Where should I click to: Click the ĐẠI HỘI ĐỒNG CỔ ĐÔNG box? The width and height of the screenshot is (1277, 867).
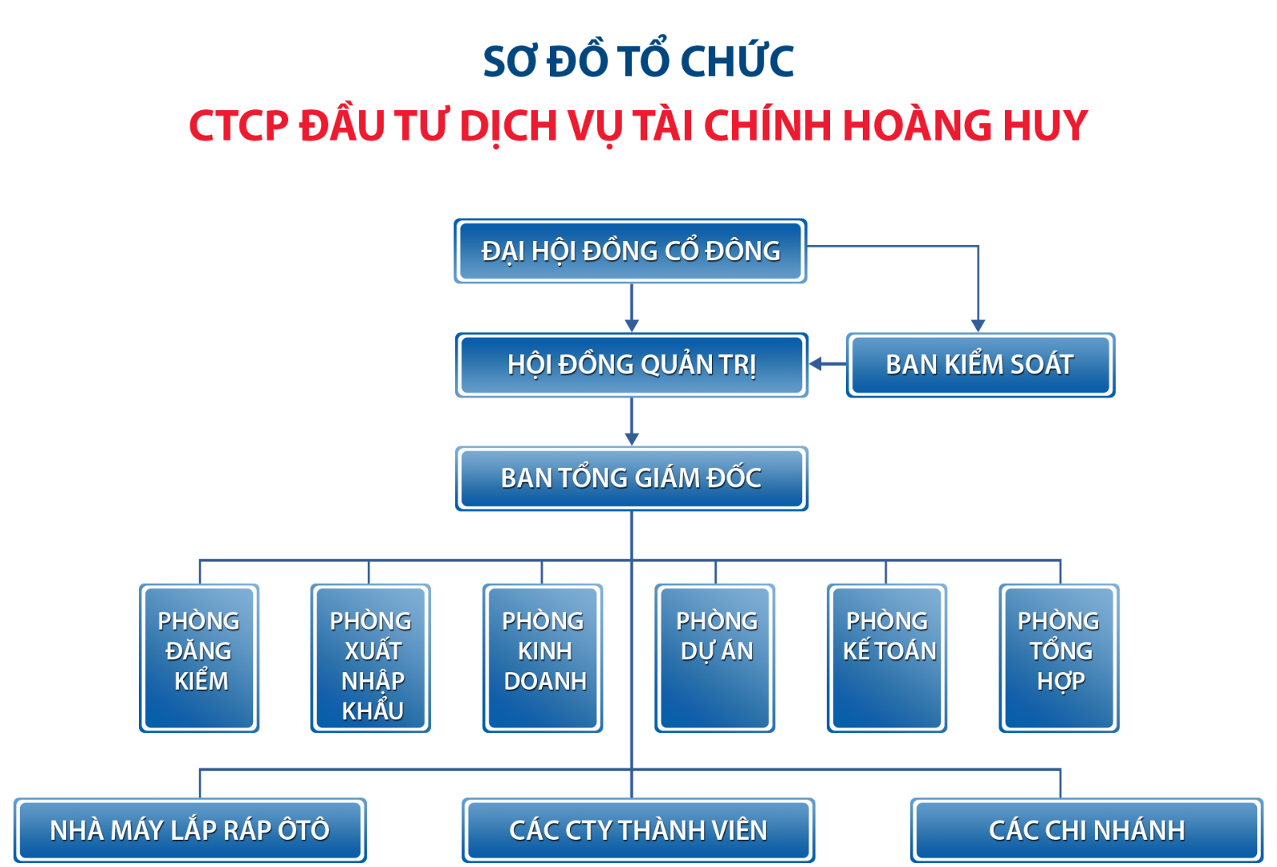tap(631, 251)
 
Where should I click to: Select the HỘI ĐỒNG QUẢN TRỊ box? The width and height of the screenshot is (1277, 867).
tap(631, 365)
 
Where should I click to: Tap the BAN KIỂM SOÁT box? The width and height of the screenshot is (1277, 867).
tap(981, 365)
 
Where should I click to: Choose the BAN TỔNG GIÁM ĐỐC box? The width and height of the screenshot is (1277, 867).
tap(631, 478)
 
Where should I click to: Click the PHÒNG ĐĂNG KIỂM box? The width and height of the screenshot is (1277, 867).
tap(199, 659)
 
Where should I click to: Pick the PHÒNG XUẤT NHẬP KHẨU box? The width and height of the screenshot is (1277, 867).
tap(370, 659)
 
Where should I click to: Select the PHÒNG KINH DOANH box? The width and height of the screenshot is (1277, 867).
tap(543, 659)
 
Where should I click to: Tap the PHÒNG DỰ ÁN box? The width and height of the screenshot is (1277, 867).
tap(715, 659)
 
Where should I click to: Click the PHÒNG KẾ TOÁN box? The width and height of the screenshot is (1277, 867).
tap(887, 659)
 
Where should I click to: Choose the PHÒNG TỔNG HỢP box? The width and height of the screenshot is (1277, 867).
tap(1059, 659)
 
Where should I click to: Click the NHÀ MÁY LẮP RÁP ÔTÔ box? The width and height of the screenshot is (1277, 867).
tap(191, 830)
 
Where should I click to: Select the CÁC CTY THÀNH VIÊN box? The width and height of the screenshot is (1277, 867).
tap(638, 830)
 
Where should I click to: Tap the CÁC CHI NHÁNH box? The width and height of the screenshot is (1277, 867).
tap(1087, 830)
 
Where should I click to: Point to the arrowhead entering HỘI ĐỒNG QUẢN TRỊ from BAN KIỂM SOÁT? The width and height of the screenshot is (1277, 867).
tap(816, 364)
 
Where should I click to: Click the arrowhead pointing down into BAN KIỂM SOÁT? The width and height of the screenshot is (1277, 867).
tap(979, 326)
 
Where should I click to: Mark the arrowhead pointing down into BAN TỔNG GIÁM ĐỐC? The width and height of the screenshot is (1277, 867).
tap(631, 439)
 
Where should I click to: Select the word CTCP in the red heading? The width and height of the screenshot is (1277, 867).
tap(239, 125)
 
